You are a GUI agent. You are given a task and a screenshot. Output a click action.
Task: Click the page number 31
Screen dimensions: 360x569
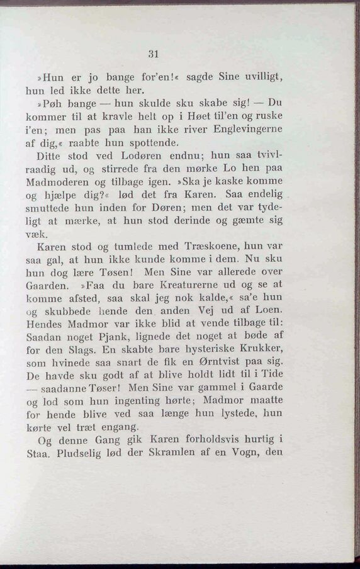tap(152, 54)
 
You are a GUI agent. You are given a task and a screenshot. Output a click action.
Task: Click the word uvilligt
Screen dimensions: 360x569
tap(261, 78)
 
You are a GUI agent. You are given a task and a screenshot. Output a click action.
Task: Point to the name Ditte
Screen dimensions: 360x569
tap(48, 156)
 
